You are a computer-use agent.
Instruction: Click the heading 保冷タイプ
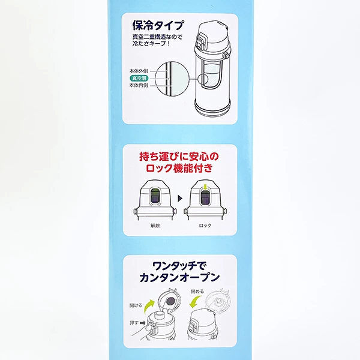(158, 25)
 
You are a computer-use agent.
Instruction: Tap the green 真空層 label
(139, 78)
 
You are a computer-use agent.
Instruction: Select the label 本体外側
(139, 71)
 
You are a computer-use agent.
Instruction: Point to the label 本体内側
(139, 85)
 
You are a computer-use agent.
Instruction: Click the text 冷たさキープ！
(151, 44)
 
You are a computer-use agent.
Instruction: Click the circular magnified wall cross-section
(172, 79)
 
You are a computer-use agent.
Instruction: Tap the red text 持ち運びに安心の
(179, 157)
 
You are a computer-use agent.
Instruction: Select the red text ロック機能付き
(179, 168)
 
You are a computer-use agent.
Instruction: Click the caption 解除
(155, 226)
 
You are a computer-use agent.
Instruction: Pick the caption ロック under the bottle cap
(205, 226)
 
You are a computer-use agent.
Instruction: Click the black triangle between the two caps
(180, 198)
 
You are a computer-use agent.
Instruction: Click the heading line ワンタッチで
(180, 266)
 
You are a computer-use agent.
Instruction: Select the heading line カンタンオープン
(179, 278)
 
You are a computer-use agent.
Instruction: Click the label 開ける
(136, 305)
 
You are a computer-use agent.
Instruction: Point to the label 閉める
(197, 292)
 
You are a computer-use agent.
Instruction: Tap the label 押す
(134, 323)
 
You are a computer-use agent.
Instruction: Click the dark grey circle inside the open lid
(170, 301)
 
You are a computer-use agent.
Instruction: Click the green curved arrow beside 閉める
(194, 301)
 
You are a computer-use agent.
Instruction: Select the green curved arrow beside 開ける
(150, 306)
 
